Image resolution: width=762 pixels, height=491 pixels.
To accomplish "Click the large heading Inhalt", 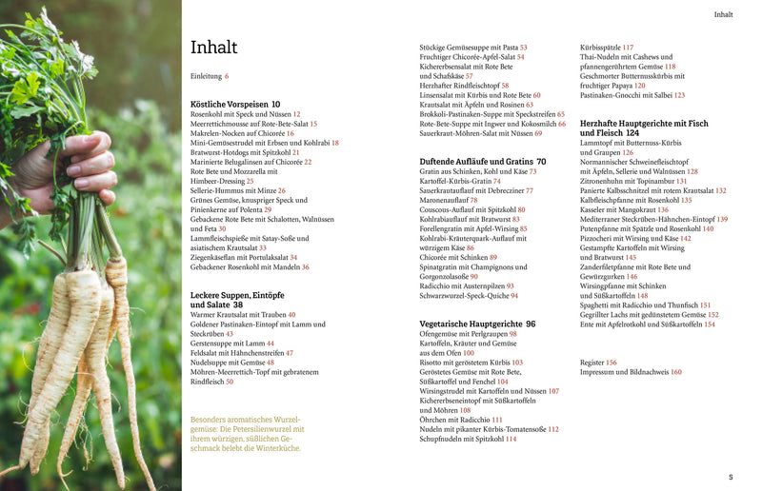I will (x=214, y=48).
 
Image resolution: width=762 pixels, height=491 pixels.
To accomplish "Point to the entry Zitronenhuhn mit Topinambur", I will (x=633, y=181).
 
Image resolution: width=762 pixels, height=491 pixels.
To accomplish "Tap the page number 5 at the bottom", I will (x=731, y=477).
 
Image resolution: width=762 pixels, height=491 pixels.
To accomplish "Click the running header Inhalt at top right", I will (x=724, y=14).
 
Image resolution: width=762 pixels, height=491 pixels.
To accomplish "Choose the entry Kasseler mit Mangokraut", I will (x=625, y=209).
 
